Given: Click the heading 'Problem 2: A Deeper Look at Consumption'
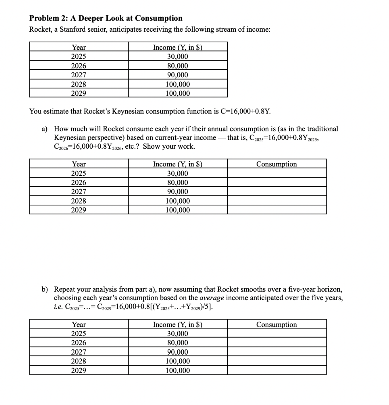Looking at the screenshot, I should point(106,18).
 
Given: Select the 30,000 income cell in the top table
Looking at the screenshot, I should point(178,56).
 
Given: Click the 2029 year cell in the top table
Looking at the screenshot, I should point(79,93).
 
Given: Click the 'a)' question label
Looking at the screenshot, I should point(44,129).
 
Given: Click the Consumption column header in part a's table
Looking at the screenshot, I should point(276,164).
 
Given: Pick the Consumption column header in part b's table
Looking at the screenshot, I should point(276,324).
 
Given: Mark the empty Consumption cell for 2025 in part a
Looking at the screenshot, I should point(276,173).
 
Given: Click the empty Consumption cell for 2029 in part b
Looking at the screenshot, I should point(276,370).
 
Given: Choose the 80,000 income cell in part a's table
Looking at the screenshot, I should point(178,183).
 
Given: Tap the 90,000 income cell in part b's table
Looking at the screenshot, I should point(178,352).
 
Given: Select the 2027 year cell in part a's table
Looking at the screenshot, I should point(79,191).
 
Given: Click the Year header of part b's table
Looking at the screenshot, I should point(79,324).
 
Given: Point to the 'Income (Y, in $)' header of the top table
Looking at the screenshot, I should point(178,47).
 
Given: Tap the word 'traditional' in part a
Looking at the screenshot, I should point(320,129).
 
